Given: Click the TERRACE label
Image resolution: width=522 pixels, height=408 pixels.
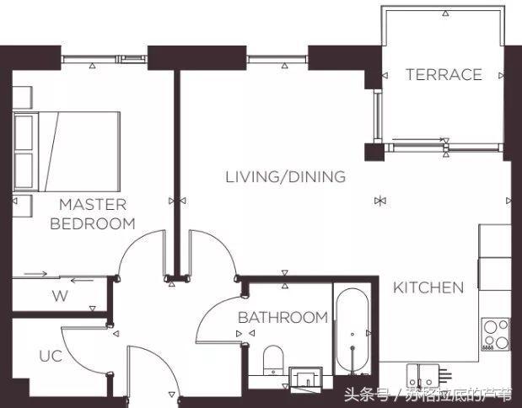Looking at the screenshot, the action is pyautogui.click(x=444, y=74).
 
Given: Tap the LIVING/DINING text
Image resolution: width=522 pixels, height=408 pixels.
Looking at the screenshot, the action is pyautogui.click(x=286, y=177).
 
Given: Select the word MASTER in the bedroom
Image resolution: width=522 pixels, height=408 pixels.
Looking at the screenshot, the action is pyautogui.click(x=93, y=205).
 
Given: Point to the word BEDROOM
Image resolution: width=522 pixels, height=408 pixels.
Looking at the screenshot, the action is pyautogui.click(x=93, y=223).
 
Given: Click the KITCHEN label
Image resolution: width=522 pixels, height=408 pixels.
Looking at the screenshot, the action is pyautogui.click(x=428, y=287).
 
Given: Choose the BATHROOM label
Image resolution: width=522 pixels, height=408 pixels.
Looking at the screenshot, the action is pyautogui.click(x=283, y=318).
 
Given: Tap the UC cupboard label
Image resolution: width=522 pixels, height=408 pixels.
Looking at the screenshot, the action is pyautogui.click(x=51, y=356).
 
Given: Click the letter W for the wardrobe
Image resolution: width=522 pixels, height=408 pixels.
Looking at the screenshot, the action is pyautogui.click(x=60, y=296).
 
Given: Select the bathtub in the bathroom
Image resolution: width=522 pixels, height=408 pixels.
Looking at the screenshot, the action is pyautogui.click(x=352, y=331).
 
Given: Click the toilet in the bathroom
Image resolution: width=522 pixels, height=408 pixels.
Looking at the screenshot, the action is pyautogui.click(x=273, y=360).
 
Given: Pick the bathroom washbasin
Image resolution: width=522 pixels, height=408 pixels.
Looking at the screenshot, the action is pyautogui.click(x=305, y=378).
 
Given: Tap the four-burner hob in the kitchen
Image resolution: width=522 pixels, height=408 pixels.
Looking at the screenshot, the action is pyautogui.click(x=496, y=335).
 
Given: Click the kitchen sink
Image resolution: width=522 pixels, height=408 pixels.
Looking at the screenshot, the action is pyautogui.click(x=423, y=376).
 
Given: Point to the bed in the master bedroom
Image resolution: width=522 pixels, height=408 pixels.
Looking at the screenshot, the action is pyautogui.click(x=67, y=152).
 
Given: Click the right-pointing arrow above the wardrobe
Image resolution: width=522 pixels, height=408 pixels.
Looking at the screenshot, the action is pyautogui.click(x=35, y=274).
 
